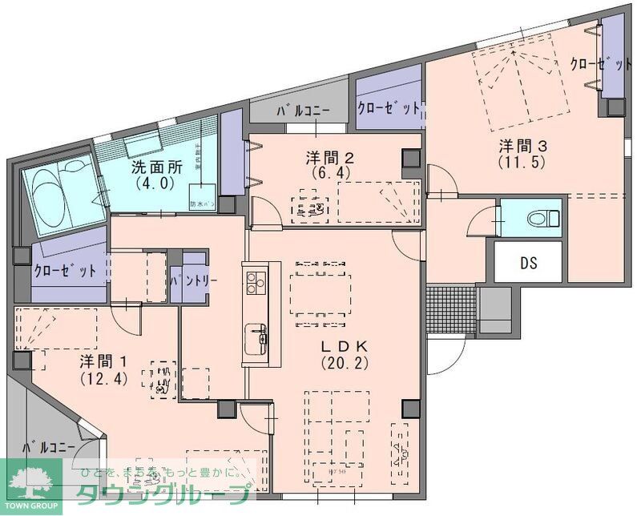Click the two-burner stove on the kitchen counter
pos(256,282)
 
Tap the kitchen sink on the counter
pos(256,337)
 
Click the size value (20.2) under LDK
pos(344,363)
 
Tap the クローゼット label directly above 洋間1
pos(65,271)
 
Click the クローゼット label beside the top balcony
pos(389,107)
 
